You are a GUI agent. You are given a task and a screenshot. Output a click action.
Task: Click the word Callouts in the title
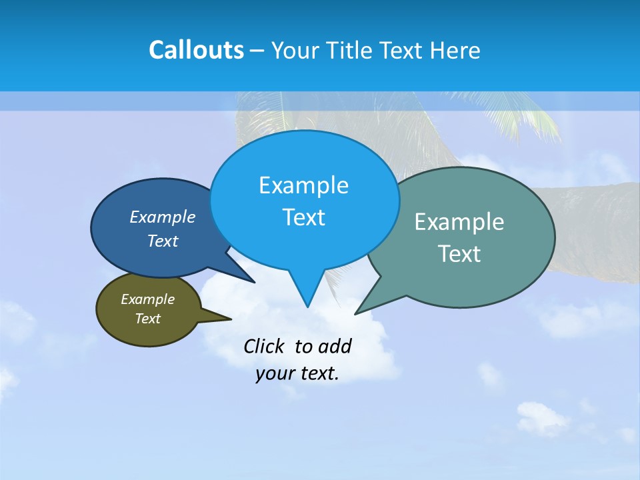pos(196,50)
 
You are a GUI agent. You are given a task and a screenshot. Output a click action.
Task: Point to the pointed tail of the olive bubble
pos(223,318)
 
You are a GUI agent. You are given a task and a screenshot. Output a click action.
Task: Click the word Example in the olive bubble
pos(147,299)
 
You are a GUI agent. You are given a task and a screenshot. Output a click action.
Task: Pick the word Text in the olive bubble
pos(147,319)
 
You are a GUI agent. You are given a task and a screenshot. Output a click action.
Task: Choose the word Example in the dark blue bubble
pos(162,217)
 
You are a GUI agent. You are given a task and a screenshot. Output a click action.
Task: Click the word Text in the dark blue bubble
pos(162,241)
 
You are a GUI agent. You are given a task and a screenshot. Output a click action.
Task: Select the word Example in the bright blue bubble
pos(303,185)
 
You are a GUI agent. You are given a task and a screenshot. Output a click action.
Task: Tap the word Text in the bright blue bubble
pos(303,217)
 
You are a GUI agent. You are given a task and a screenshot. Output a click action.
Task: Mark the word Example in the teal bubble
pos(459,222)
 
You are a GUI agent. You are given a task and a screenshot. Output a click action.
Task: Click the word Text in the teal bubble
pos(459,254)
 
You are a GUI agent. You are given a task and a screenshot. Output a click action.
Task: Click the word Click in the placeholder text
pos(264,346)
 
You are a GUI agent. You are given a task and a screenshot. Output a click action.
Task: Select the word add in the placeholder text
pos(334,346)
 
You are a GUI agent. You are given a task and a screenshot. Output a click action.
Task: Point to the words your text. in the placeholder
pos(297,373)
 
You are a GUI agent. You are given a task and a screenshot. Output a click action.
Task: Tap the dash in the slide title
pos(257,50)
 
